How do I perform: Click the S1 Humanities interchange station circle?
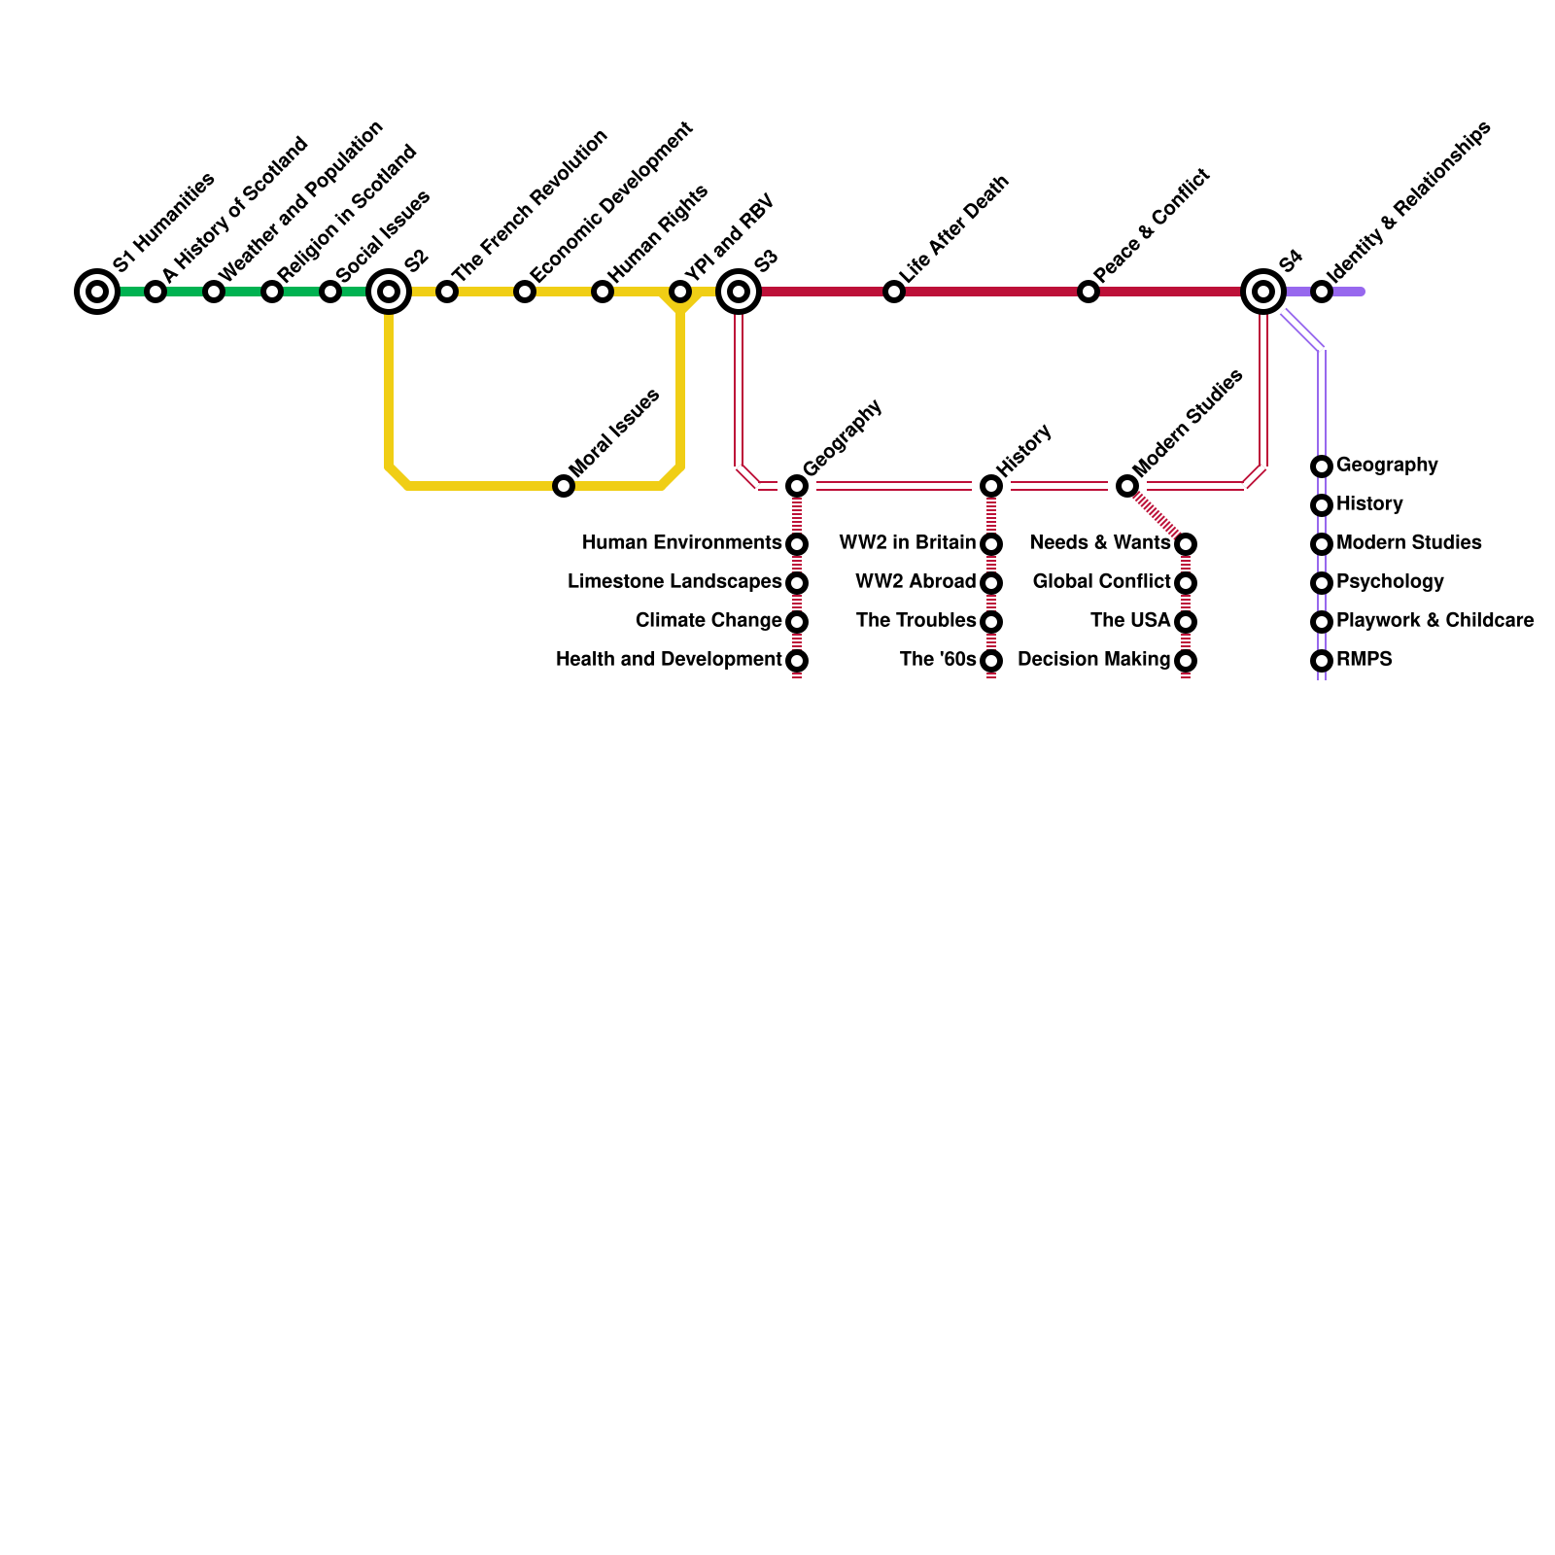[97, 292]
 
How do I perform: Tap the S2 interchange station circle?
[389, 292]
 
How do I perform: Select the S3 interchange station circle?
[739, 292]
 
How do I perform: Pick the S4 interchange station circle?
[1263, 292]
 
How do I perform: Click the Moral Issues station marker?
[564, 486]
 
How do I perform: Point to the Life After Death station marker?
[894, 292]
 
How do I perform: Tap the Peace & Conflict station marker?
[1088, 292]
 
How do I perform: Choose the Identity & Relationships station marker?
[1322, 292]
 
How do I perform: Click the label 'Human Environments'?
[682, 543]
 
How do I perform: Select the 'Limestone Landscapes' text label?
[674, 582]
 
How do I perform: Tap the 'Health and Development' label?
[669, 660]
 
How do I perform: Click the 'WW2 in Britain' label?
[907, 543]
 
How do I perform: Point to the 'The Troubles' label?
[916, 621]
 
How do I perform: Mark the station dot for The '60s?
[991, 661]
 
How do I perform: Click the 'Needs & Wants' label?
[1100, 543]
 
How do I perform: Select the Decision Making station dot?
[1186, 661]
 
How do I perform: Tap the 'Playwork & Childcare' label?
[1434, 621]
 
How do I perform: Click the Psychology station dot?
[1322, 583]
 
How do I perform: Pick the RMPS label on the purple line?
[1364, 660]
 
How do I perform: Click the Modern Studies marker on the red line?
[1127, 486]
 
